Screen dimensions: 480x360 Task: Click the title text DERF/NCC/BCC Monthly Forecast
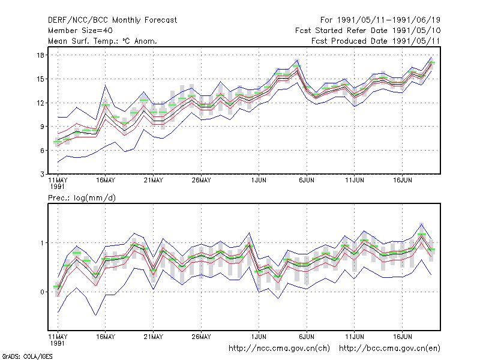112,20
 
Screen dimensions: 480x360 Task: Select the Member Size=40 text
80,31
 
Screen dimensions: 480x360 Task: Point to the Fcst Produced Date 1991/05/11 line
376,41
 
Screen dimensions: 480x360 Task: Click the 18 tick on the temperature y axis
40,55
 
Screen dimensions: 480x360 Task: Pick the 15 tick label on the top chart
40,79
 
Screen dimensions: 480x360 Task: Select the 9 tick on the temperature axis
42,127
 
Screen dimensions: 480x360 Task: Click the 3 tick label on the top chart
42,174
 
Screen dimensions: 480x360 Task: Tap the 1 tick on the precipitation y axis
42,243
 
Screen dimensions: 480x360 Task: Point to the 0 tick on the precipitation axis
42,292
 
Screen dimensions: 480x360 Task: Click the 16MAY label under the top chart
106,180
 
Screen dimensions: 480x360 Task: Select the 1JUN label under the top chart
259,180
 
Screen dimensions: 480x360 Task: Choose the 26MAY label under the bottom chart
201,337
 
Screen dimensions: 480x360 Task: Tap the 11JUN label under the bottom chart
355,337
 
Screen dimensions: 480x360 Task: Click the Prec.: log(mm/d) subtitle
82,198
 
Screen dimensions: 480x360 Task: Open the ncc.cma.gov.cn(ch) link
279,349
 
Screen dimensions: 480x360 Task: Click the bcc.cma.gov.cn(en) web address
389,349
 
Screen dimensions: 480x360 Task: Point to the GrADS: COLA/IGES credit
27,356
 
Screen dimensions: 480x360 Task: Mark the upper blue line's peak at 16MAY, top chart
106,85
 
